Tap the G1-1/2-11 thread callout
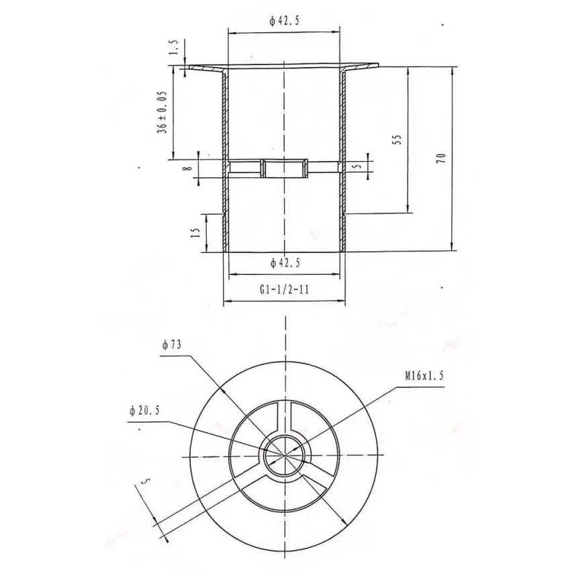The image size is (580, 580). tap(284, 290)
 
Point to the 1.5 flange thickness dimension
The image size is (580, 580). tap(174, 48)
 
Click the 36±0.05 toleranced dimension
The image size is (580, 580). tap(163, 111)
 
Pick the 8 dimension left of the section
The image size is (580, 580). tap(190, 163)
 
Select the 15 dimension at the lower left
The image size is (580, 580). tap(195, 233)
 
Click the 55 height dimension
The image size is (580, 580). tap(397, 140)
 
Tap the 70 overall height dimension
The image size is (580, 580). tap(440, 158)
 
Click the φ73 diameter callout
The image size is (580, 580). tap(173, 345)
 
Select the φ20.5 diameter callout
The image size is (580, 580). tap(144, 412)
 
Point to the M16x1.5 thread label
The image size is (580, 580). tap(424, 377)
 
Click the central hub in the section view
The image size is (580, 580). tap(285, 167)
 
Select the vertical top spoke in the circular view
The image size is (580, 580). tap(285, 420)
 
